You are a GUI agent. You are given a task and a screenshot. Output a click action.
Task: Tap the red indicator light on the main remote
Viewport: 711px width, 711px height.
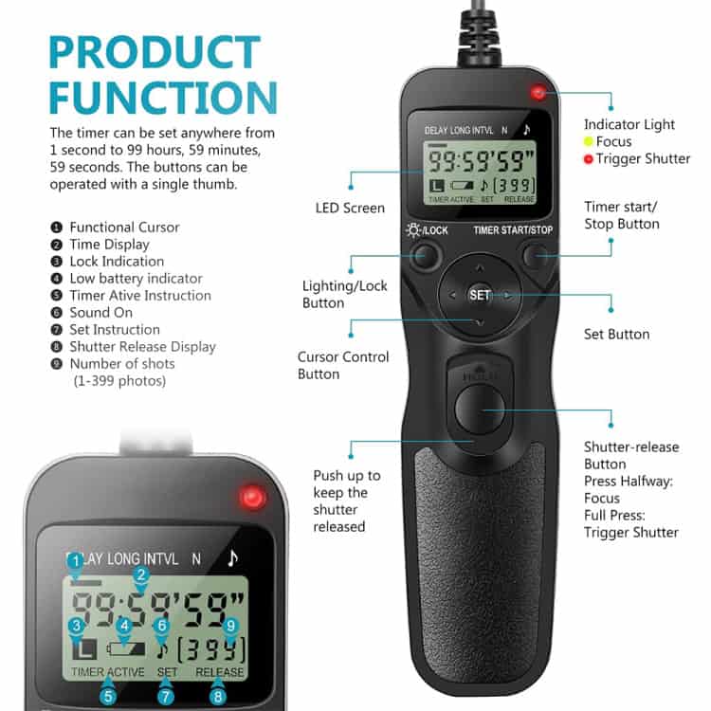(538, 93)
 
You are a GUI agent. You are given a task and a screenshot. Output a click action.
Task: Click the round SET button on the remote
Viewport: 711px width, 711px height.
(480, 295)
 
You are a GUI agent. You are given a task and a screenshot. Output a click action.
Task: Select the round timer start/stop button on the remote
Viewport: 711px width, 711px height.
(537, 255)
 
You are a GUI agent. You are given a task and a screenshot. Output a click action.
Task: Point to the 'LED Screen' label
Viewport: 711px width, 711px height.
(350, 208)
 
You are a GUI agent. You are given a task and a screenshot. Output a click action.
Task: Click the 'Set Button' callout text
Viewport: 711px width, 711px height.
(616, 334)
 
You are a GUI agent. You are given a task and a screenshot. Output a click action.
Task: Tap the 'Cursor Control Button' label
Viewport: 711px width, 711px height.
(343, 365)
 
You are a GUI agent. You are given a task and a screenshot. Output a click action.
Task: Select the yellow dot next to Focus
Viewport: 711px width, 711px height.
(589, 142)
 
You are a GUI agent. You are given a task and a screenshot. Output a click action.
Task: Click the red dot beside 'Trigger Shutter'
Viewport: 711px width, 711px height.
(589, 159)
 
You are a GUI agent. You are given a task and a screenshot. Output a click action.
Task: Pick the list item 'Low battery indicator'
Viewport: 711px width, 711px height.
(136, 279)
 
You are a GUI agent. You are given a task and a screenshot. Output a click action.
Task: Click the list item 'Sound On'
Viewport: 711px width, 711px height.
(101, 313)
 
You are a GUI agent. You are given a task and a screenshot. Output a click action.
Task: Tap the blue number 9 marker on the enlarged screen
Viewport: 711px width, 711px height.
(228, 625)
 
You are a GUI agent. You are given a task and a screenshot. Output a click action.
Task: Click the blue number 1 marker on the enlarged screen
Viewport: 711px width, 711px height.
(75, 561)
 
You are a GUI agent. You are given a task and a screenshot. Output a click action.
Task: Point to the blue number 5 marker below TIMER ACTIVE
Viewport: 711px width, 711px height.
(108, 697)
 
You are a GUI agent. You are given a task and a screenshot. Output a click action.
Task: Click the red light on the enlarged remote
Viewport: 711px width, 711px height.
(253, 497)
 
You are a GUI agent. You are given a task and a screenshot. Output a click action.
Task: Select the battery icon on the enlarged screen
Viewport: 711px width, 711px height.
(129, 651)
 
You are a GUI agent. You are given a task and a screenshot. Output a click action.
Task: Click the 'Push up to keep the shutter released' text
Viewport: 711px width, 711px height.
(346, 501)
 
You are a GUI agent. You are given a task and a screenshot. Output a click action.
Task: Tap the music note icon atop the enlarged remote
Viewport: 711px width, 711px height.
(232, 558)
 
